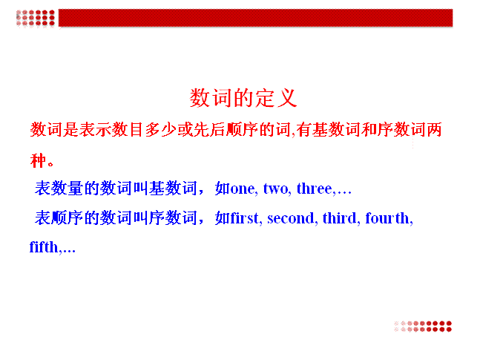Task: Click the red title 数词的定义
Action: pyautogui.click(x=243, y=98)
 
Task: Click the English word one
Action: pyautogui.click(x=243, y=189)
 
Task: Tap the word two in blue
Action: pyautogui.click(x=276, y=189)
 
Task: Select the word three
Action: pyautogui.click(x=315, y=188)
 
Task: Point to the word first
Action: pyautogui.click(x=245, y=217)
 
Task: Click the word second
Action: pyautogui.click(x=291, y=218)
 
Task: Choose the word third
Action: pyautogui.click(x=340, y=217)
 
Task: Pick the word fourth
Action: pyautogui.click(x=387, y=217)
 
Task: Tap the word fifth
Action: pyautogui.click(x=44, y=247)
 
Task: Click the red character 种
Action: pyautogui.click(x=38, y=160)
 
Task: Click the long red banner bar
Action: pyautogui.click(x=256, y=18)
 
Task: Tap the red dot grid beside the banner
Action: pyautogui.click(x=36, y=18)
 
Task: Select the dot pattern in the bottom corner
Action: pyautogui.click(x=423, y=327)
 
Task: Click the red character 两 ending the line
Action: pyautogui.click(x=434, y=129)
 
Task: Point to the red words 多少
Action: pyautogui.click(x=161, y=129)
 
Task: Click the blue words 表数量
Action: pyautogui.click(x=59, y=188)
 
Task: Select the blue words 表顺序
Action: pyautogui.click(x=59, y=217)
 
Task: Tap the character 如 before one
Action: pyautogui.click(x=223, y=188)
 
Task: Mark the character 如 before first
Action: pyautogui.click(x=223, y=217)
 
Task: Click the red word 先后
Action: pyautogui.click(x=209, y=129)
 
